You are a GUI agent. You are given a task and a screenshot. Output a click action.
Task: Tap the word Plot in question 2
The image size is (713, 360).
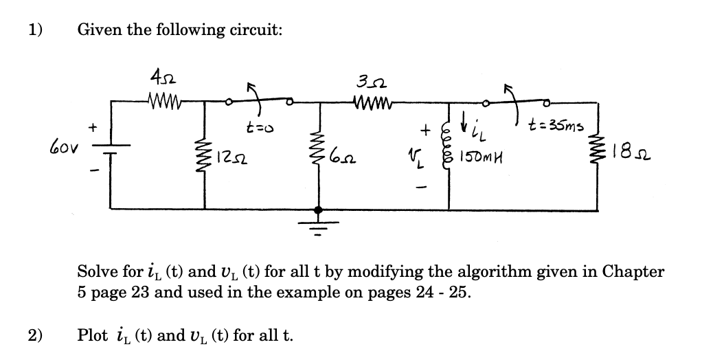92,335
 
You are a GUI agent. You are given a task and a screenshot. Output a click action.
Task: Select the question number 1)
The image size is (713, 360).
35,30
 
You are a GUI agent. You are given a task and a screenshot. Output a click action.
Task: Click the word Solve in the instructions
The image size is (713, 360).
97,271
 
